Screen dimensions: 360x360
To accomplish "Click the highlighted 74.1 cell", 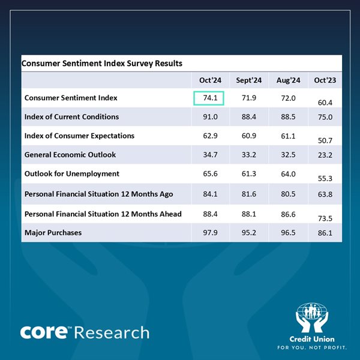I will [x=209, y=98].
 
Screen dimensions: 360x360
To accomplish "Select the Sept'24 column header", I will [x=248, y=80].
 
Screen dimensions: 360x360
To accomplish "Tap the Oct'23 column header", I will [x=325, y=80].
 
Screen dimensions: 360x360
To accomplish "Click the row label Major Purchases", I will [x=52, y=232].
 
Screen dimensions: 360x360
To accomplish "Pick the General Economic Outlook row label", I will [x=70, y=155].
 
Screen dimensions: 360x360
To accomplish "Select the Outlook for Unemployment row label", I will [x=72, y=174].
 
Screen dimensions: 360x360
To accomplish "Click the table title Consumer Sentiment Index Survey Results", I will [x=102, y=63].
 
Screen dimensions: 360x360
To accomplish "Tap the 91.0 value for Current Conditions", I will [x=210, y=117].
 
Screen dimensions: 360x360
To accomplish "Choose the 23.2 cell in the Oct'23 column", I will [x=325, y=155].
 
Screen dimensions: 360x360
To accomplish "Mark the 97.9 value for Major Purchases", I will [x=210, y=232].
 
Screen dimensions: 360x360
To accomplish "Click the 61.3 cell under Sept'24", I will [x=248, y=174].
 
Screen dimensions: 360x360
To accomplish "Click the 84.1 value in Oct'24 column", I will [x=210, y=194].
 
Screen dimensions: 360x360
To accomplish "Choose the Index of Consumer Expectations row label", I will [x=79, y=136].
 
